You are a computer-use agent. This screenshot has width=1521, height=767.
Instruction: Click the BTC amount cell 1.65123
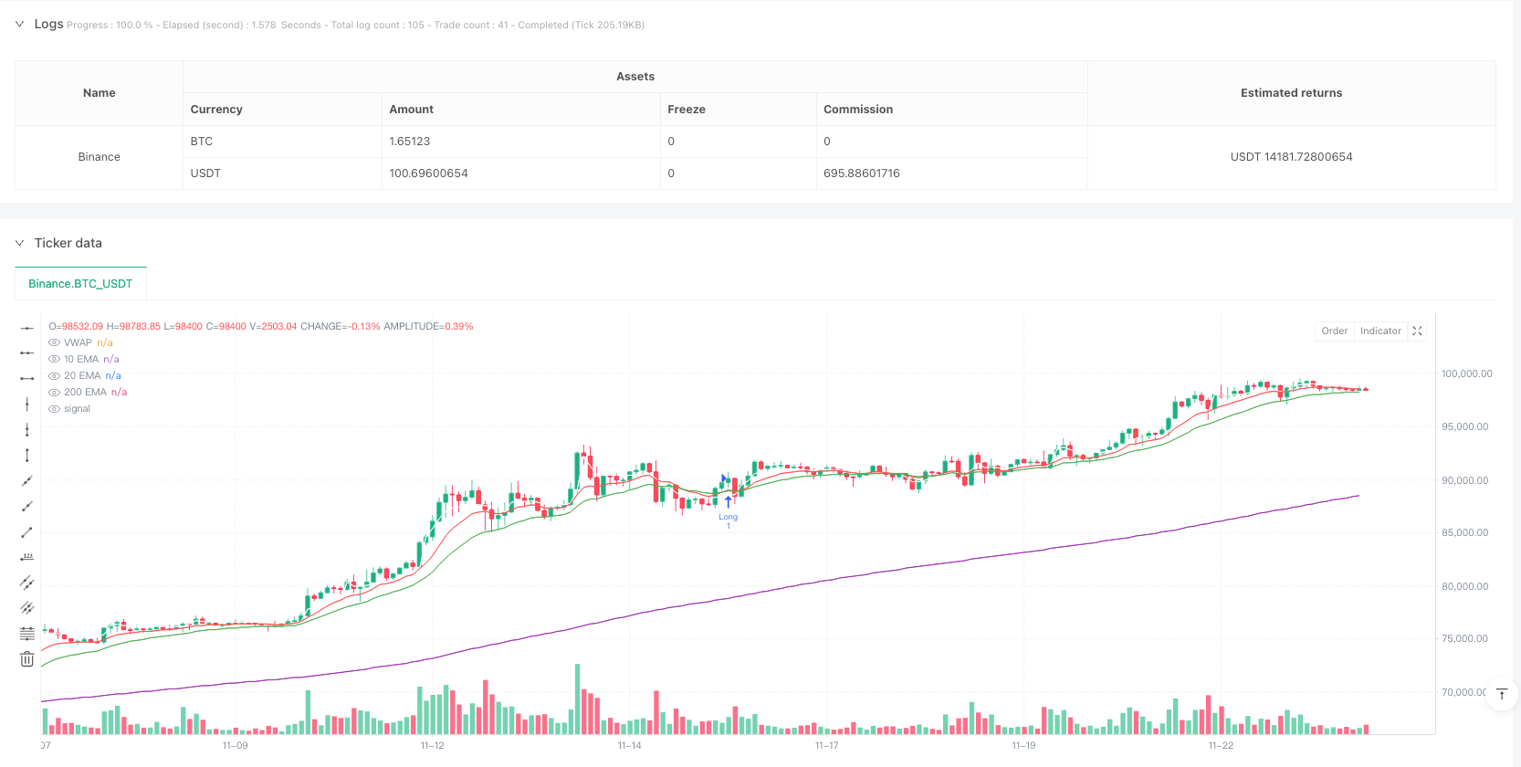[x=410, y=142]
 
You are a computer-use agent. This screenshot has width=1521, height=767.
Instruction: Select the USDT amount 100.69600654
[x=428, y=173]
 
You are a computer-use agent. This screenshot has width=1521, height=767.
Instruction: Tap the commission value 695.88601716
[x=861, y=173]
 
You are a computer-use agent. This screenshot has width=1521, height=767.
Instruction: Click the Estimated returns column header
[x=1290, y=93]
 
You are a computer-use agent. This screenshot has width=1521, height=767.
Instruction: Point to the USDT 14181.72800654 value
[x=1290, y=157]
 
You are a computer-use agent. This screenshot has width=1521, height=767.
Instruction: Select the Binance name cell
[x=99, y=157]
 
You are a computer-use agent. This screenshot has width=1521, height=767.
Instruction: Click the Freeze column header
[x=687, y=110]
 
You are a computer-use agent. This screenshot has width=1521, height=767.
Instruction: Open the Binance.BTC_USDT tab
[x=80, y=284]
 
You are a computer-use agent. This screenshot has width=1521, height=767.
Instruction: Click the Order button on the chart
[x=1334, y=331]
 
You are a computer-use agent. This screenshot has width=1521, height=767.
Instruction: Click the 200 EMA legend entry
[x=85, y=393]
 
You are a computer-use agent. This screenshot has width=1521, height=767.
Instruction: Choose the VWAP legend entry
[x=78, y=343]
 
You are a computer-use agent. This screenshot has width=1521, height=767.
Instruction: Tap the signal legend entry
[x=77, y=409]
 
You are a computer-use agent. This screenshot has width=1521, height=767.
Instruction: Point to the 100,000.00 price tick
[x=1466, y=373]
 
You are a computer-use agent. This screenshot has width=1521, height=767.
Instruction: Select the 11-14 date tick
[x=629, y=746]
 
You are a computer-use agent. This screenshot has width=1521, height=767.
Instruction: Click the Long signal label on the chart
[x=728, y=517]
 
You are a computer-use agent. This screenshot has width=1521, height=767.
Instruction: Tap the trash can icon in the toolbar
[x=26, y=659]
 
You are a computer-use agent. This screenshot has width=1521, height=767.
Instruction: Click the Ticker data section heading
[x=68, y=243]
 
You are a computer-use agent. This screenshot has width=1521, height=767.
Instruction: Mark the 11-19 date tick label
[x=1023, y=746]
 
